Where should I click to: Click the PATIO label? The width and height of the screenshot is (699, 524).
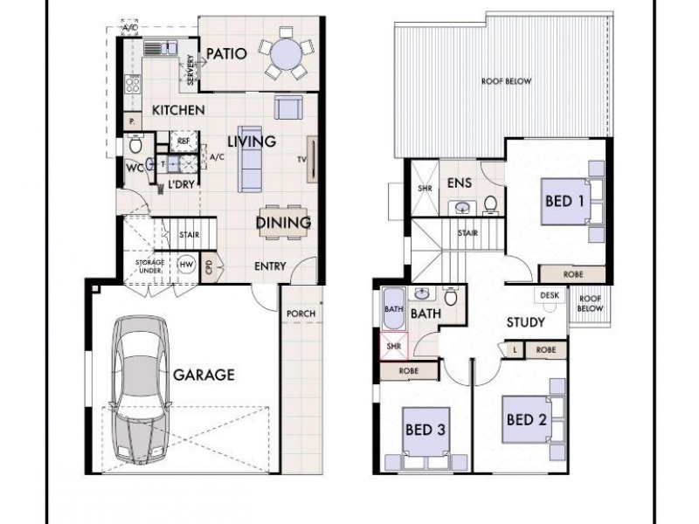(225, 53)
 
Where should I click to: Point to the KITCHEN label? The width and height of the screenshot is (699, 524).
(178, 111)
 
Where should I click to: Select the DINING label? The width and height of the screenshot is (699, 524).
(283, 223)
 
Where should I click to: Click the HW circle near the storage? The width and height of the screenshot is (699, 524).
(186, 264)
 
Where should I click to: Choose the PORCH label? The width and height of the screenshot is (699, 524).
(300, 314)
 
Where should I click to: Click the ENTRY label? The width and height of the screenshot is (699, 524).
(270, 265)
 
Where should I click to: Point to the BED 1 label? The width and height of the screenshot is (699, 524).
(564, 201)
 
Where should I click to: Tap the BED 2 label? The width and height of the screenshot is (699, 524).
(527, 419)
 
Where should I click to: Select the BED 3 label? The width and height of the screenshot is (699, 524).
(426, 429)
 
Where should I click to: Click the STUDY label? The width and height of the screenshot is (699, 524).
(526, 322)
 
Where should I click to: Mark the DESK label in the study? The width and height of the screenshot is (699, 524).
(550, 295)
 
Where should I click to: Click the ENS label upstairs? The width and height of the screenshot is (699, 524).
(460, 183)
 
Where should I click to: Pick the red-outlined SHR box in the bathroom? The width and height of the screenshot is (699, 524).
(394, 346)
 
